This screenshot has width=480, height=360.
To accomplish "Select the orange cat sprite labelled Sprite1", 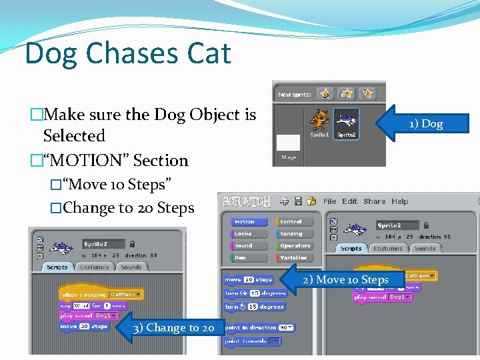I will [x=320, y=123].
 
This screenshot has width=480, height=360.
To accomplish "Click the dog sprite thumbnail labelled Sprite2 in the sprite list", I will [x=346, y=123].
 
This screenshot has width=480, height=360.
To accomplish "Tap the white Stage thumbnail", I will [x=288, y=142].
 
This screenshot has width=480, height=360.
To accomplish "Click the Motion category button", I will [x=248, y=222].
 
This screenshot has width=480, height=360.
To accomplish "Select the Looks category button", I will [x=248, y=234].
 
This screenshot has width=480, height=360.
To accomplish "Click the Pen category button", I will [x=248, y=257].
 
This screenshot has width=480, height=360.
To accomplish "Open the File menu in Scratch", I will [x=329, y=201].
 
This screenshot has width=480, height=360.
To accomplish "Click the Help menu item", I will [x=400, y=201].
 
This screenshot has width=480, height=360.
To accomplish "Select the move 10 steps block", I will [x=248, y=280].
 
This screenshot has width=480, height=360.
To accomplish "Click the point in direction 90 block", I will [x=259, y=327].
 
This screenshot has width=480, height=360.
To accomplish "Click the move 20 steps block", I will [x=84, y=327].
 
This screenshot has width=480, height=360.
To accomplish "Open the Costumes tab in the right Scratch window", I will [x=388, y=249].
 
